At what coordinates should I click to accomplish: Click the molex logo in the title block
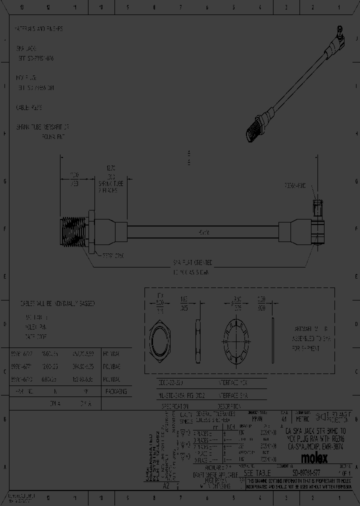[x=314, y=457]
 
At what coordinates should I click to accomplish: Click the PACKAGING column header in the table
[x=116, y=391]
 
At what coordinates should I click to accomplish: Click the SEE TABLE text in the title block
[x=257, y=472]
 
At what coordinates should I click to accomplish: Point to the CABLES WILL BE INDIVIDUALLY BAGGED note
[x=57, y=303]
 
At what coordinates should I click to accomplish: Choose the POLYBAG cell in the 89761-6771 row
[x=111, y=366]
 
